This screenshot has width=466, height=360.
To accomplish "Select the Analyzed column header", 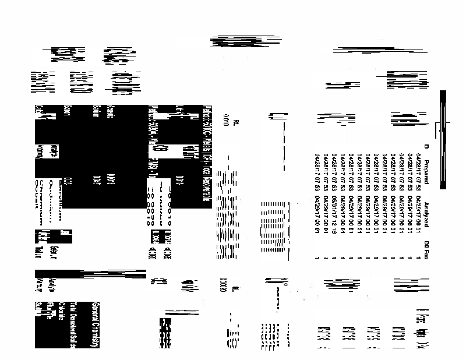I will pos(426,210).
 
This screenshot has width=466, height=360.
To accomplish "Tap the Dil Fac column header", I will pos(426,249).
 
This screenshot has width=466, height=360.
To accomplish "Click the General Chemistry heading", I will pos(96,324).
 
